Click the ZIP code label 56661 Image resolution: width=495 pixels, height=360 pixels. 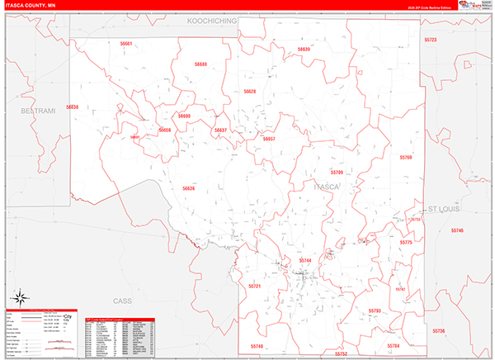(126, 43)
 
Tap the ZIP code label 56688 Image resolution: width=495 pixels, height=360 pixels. (201, 64)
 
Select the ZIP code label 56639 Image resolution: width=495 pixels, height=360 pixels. (304, 50)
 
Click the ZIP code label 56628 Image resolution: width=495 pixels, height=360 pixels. (249, 92)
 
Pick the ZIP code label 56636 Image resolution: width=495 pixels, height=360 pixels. (189, 188)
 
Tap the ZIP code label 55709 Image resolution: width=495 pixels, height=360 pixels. (336, 173)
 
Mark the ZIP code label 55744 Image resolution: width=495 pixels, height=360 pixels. (305, 261)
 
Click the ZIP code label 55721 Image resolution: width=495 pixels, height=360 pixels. (254, 286)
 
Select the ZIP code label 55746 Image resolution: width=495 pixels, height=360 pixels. (457, 230)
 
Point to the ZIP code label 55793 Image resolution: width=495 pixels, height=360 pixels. (375, 310)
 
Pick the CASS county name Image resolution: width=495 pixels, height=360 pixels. (122, 301)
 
